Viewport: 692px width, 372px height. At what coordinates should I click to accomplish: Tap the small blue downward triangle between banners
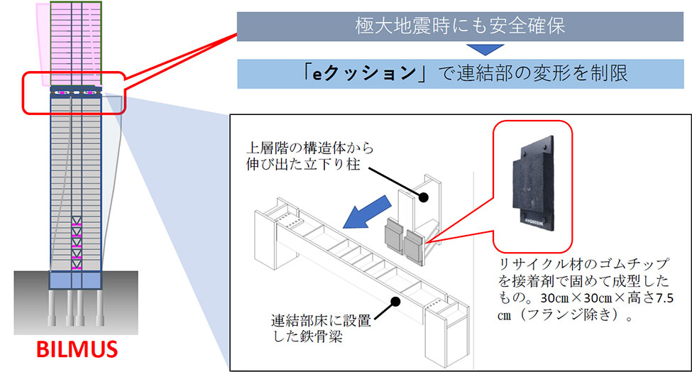click(x=481, y=50)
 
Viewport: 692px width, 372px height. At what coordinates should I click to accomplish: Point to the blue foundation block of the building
click(x=75, y=278)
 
